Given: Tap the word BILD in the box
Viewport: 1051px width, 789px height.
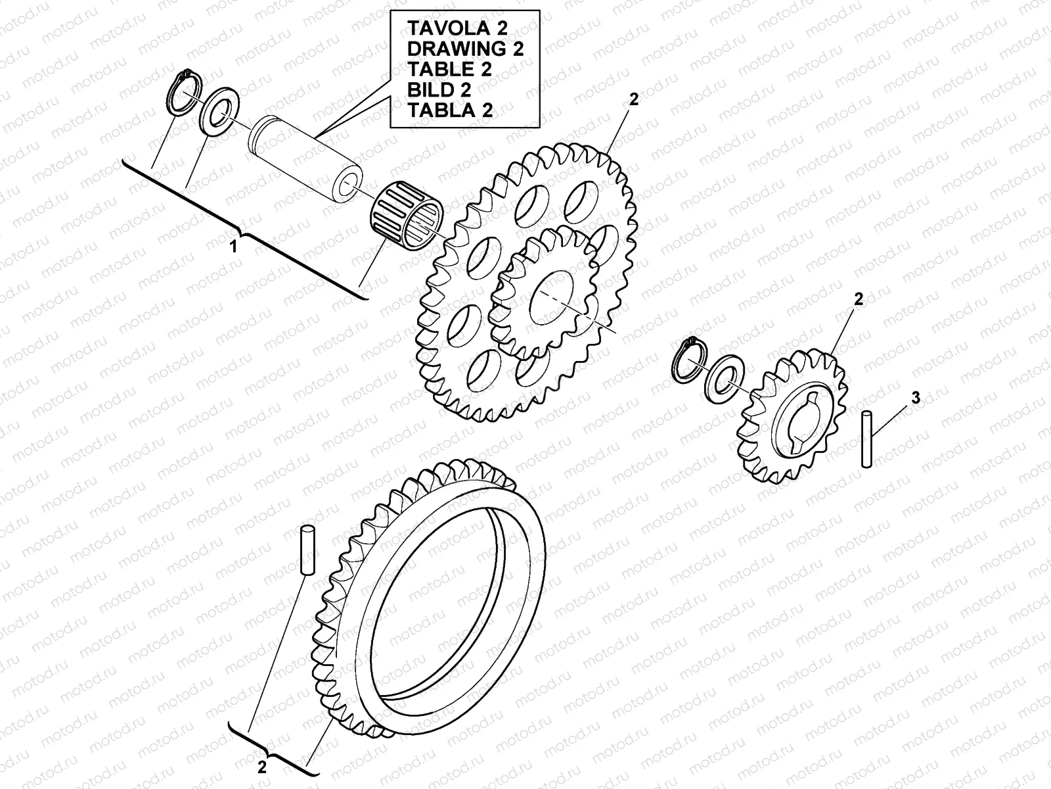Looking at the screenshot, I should [x=430, y=89].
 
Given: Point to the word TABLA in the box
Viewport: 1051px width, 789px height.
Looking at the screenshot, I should [x=437, y=109].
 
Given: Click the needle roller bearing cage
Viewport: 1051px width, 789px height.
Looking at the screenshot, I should [x=407, y=212].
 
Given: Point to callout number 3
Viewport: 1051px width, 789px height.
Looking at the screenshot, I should [x=916, y=397].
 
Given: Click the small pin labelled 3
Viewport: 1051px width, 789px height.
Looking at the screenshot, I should [x=867, y=439].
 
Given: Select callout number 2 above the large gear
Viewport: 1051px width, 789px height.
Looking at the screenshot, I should [x=633, y=99].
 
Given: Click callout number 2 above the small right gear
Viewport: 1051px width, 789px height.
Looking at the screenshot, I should [x=858, y=299].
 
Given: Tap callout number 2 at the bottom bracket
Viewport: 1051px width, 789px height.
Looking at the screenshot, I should [x=261, y=767].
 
